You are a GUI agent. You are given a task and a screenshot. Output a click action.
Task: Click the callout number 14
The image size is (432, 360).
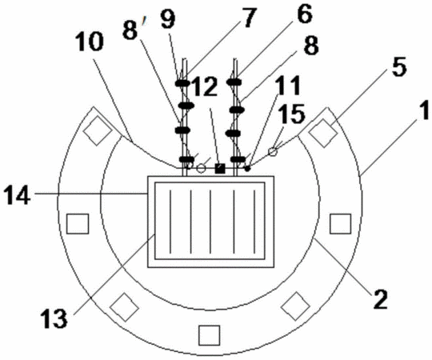coord(17,195)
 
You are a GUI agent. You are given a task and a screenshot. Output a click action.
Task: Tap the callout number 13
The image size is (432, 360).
coord(54,318)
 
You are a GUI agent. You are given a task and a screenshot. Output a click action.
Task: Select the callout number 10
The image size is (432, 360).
coord(90,42)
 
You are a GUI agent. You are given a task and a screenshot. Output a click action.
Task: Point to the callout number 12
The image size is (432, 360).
coord(205,86)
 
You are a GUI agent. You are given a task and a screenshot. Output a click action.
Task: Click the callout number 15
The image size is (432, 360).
coord(292,114)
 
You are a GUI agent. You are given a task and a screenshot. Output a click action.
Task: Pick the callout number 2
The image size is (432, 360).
coord(380,299)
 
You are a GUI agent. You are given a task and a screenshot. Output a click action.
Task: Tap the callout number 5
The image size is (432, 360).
coord(399,67)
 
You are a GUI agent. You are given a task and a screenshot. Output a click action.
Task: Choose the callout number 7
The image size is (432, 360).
coord(249,18)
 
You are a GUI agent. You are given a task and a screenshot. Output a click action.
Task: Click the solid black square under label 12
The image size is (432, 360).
coord(220,168)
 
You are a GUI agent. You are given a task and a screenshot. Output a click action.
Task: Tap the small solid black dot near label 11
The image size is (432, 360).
coord(247,168)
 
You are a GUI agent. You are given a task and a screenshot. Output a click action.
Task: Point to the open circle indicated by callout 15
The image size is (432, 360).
coord(273,151)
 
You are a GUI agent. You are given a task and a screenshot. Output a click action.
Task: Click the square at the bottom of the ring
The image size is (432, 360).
coord(210,335)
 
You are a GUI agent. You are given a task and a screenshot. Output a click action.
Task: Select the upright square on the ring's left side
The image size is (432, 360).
coord(78,224)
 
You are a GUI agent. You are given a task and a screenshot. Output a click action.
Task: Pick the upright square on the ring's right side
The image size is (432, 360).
coord(341,224)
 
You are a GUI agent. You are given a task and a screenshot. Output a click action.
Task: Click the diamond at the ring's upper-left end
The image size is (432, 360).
coord(98,130)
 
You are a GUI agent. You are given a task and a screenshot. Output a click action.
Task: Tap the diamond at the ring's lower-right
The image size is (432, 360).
coord(296,306)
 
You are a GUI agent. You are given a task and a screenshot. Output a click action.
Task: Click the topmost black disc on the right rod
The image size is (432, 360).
coord(234,82)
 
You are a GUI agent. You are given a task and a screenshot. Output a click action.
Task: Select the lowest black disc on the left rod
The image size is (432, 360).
coord(186,159)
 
